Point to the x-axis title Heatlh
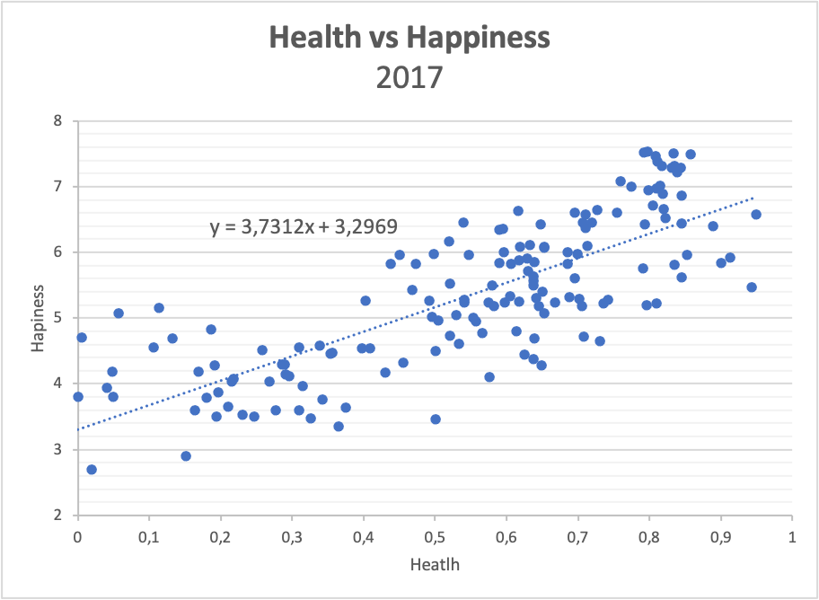pyautogui.click(x=435, y=565)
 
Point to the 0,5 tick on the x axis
pyautogui.click(x=435, y=537)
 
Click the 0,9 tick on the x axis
pyautogui.click(x=720, y=537)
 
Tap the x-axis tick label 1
pyautogui.click(x=791, y=537)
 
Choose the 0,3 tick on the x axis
pyautogui.click(x=292, y=537)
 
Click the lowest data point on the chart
pyautogui.click(x=92, y=470)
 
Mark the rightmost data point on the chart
pyautogui.click(x=756, y=215)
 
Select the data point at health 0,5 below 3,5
pyautogui.click(x=436, y=419)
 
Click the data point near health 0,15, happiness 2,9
pyautogui.click(x=186, y=456)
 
